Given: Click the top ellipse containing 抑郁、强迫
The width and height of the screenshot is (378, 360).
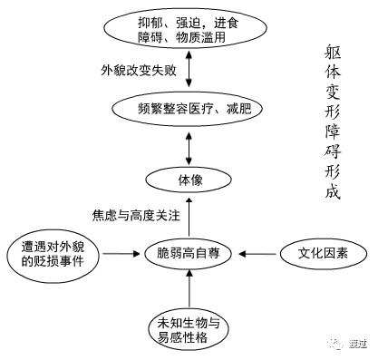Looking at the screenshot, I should (189, 30).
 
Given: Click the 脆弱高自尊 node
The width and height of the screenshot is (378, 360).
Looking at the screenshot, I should (189, 251).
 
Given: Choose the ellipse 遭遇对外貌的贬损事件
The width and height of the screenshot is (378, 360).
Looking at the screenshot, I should (53, 250).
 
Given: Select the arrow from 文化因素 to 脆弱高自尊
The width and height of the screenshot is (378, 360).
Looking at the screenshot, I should (257, 251).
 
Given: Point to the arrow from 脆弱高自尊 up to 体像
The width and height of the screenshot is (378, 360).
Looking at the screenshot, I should (189, 216).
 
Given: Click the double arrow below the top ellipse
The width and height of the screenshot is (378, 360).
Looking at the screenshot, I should (189, 70).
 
